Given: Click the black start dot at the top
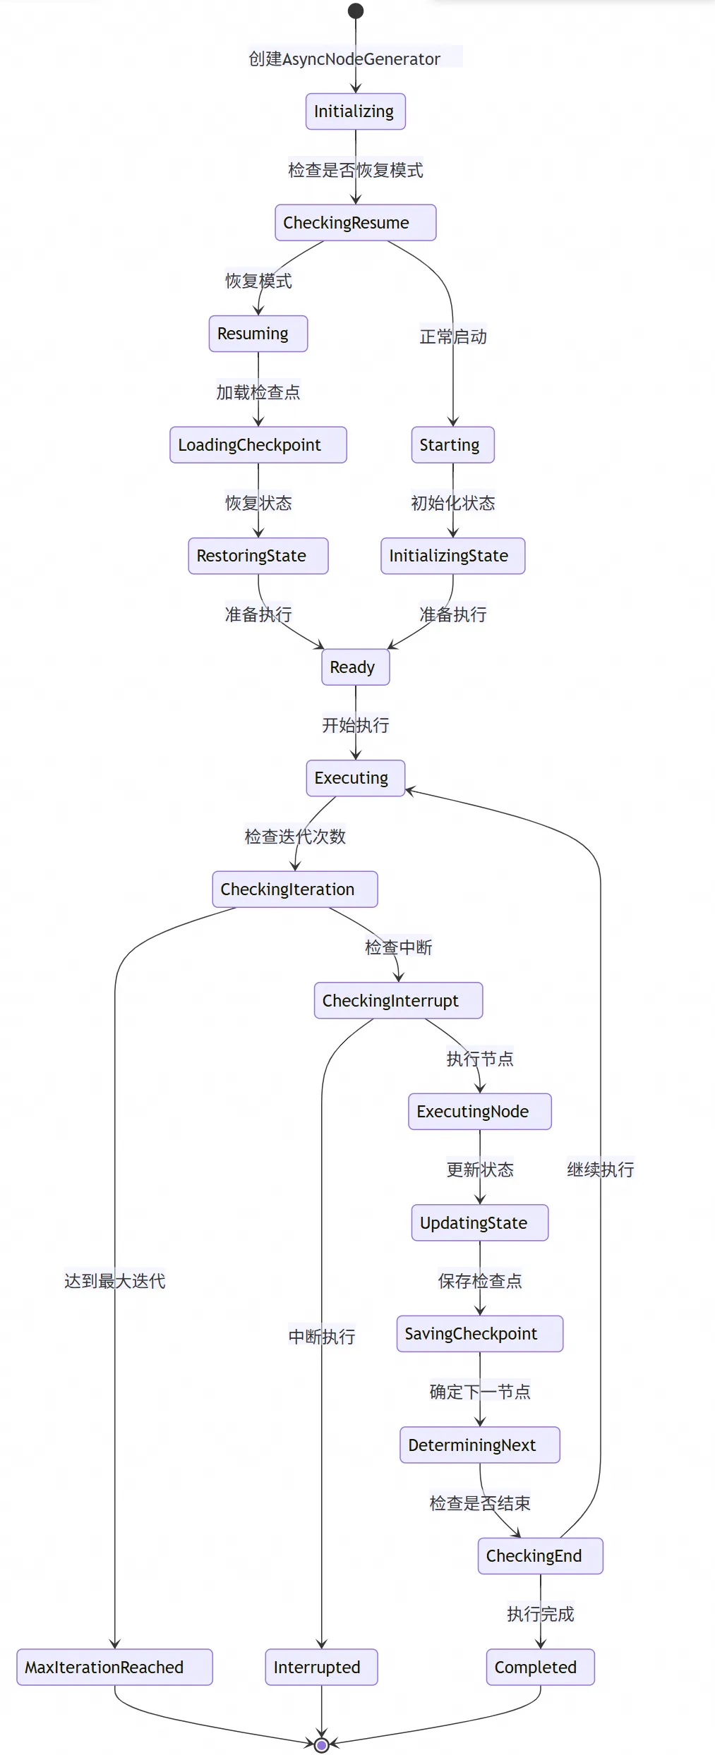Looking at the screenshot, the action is point(356,11).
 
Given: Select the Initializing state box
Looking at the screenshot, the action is point(355,111).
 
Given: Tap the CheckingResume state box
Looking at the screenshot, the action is point(355,223).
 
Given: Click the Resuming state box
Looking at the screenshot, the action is point(258,334).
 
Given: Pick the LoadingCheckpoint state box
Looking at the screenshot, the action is point(258,445).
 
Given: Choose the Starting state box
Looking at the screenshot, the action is point(453,445).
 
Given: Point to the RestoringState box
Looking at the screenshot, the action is point(258,556).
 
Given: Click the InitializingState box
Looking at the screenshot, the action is point(453,556).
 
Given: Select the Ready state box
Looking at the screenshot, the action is point(356,667).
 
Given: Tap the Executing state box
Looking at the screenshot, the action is point(356,778).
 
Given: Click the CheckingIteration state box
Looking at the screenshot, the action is point(295,889).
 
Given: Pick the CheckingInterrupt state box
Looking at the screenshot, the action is point(399,1000).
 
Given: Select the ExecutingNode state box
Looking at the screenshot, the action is point(480,1112).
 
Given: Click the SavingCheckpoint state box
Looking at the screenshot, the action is point(480,1334).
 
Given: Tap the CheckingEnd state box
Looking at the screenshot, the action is point(541,1556).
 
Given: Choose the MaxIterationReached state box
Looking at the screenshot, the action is point(114,1668).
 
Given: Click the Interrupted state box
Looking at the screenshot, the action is point(322,1668).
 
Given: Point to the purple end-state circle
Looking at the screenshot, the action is point(322,1745).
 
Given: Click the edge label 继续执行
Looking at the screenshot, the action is point(601,1170).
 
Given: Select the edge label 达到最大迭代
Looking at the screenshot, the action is point(115,1281).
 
